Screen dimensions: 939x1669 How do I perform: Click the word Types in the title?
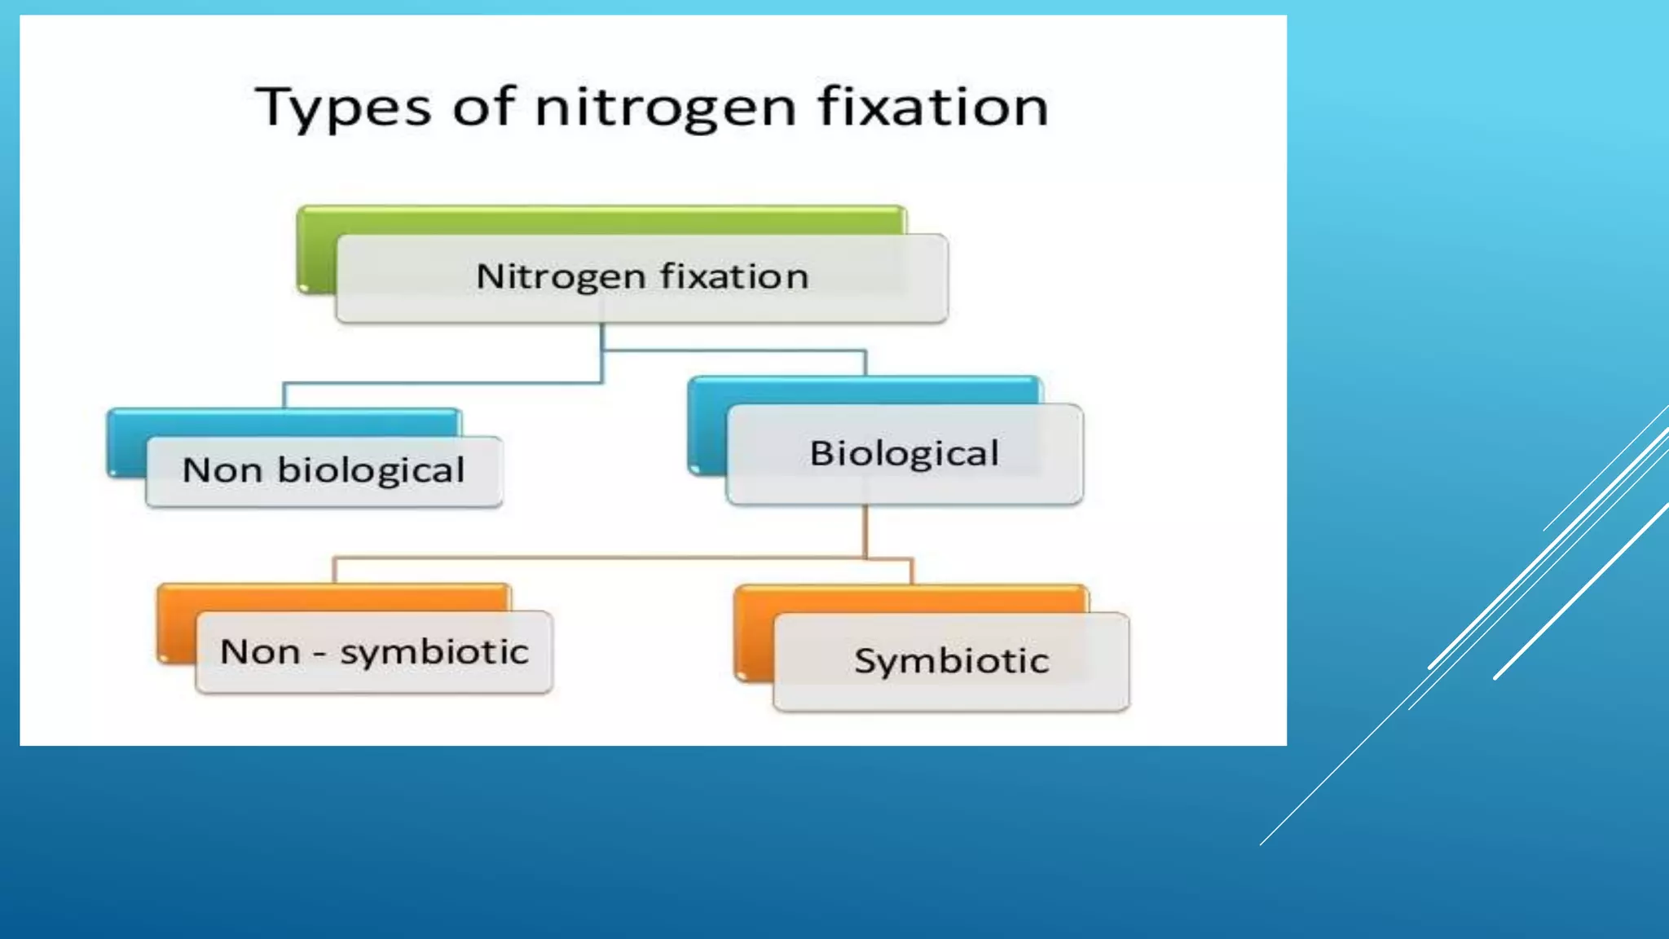pos(342,108)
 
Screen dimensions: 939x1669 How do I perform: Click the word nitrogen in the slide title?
pos(665,108)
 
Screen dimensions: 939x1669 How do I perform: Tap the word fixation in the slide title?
pos(933,107)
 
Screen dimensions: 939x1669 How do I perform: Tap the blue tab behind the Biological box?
pos(864,390)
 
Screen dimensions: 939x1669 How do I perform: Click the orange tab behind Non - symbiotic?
pos(334,597)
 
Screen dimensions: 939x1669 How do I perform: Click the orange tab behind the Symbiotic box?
pos(911,598)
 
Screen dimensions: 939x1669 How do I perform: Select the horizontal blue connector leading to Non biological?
pos(440,382)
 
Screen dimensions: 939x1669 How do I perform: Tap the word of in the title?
pos(483,107)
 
